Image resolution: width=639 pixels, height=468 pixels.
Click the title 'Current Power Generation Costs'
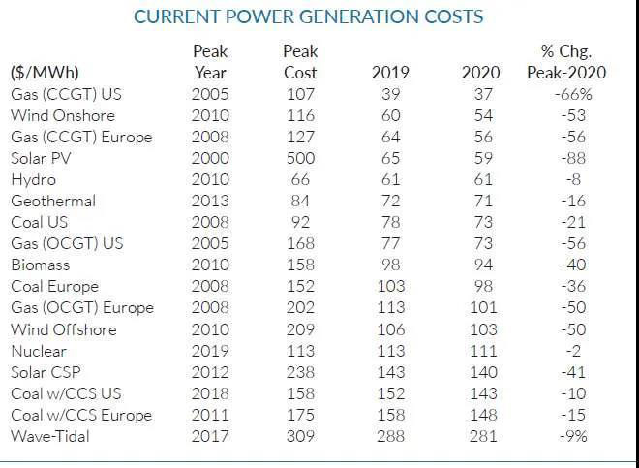point(308,17)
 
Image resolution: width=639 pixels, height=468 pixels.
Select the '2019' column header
point(390,73)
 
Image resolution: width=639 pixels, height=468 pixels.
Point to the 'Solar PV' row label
point(42,158)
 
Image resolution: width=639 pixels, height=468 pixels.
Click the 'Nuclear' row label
point(39,351)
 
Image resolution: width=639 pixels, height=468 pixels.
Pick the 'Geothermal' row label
point(53,201)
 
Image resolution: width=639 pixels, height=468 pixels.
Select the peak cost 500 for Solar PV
point(300,158)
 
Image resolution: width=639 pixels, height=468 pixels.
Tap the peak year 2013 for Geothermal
point(210,201)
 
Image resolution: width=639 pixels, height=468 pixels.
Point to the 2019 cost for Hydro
point(390,179)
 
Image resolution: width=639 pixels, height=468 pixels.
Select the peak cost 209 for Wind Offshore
point(300,329)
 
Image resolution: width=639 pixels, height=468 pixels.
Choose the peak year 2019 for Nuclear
point(210,351)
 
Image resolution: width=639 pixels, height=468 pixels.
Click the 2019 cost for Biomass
point(390,265)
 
